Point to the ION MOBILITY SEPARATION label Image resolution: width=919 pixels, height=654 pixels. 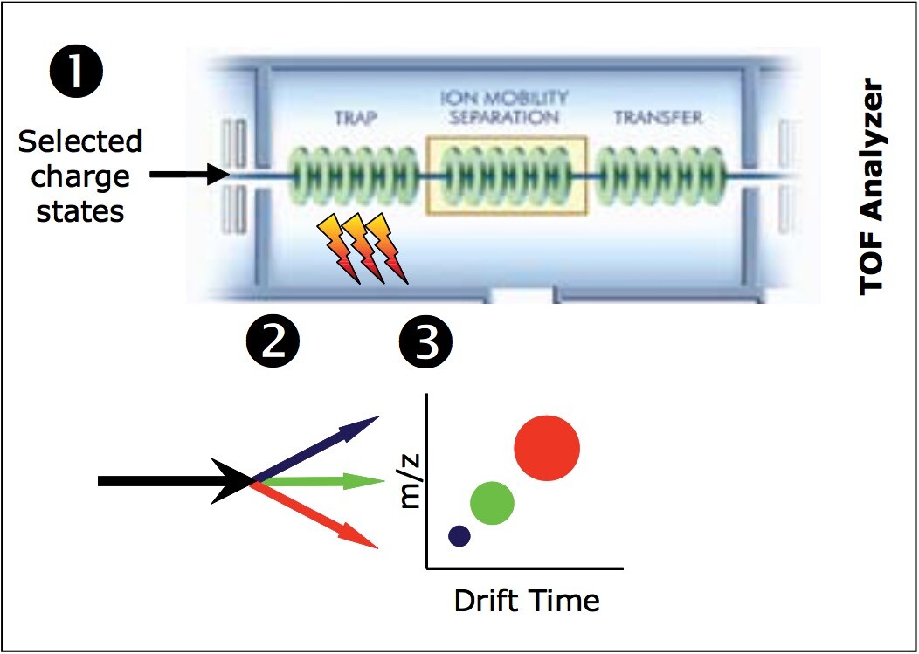coord(505,107)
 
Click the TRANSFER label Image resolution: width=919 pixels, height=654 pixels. coord(657,118)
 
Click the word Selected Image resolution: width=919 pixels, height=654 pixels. coord(79,141)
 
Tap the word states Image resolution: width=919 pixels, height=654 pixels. coord(79,210)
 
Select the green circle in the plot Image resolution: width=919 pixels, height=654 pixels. coord(492,503)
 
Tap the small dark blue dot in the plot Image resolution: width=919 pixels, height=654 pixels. coord(459,536)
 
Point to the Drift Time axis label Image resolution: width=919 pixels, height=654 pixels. coord(526,601)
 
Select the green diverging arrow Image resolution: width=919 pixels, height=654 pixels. coord(323,481)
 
